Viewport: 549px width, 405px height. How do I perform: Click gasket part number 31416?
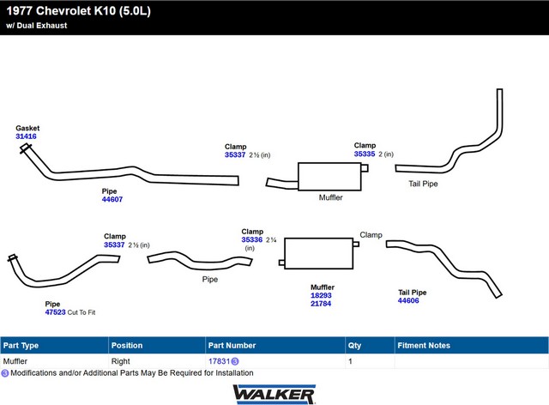click(x=26, y=136)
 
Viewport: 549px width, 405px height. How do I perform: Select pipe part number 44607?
click(x=112, y=199)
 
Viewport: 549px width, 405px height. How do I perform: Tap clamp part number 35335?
click(x=365, y=154)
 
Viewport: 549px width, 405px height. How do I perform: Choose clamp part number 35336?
click(x=251, y=240)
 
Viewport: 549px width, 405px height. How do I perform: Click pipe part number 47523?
click(x=55, y=312)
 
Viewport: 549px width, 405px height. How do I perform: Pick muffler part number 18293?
click(x=321, y=296)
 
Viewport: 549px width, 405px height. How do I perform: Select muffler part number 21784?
click(x=321, y=305)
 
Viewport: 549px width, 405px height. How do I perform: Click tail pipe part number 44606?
click(x=408, y=301)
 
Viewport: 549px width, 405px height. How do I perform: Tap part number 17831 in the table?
click(x=219, y=362)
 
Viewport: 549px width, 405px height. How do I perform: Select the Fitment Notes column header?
click(x=424, y=345)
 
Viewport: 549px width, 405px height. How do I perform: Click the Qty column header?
click(x=354, y=345)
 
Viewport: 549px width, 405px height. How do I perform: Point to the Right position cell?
click(x=121, y=362)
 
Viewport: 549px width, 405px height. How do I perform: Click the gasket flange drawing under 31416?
click(x=25, y=151)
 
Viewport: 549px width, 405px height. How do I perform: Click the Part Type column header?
click(x=21, y=345)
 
